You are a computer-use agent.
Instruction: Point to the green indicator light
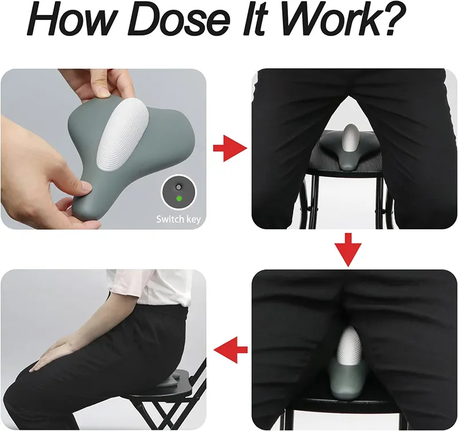coord(179,198)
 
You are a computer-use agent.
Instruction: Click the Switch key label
coord(179,219)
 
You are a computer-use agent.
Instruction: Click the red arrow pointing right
coord(230,148)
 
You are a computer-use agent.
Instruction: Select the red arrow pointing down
coord(348,250)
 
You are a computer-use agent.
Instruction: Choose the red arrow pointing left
coord(231,349)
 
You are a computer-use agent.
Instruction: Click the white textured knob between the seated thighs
coord(349,346)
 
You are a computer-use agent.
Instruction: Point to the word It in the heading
coord(253,19)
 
